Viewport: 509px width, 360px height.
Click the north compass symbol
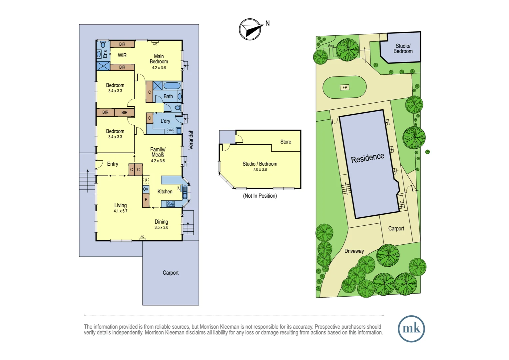pyautogui.click(x=250, y=29)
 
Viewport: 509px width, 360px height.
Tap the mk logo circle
pyautogui.click(x=411, y=329)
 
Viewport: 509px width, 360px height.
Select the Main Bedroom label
pyautogui.click(x=159, y=59)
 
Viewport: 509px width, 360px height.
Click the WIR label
pyautogui.click(x=122, y=55)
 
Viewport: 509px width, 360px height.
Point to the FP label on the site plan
pyautogui.click(x=345, y=87)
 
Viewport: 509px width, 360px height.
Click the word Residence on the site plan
pyautogui.click(x=367, y=158)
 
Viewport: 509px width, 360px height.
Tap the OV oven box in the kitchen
pyautogui.click(x=146, y=189)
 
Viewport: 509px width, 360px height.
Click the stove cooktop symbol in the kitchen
pyautogui.click(x=171, y=204)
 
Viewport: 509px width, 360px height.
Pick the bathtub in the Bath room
pyautogui.click(x=172, y=86)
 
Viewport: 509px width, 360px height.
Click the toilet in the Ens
pyautogui.click(x=103, y=45)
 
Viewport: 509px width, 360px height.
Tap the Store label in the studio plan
pyautogui.click(x=285, y=142)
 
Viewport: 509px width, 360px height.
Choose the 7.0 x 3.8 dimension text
pyautogui.click(x=260, y=169)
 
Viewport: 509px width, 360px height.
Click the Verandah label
pyautogui.click(x=191, y=139)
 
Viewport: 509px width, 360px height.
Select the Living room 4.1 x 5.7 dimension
pyautogui.click(x=120, y=211)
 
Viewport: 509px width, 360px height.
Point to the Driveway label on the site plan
pyautogui.click(x=354, y=251)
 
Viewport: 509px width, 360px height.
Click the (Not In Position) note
pyautogui.click(x=260, y=196)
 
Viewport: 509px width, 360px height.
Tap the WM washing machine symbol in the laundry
pyautogui.click(x=171, y=130)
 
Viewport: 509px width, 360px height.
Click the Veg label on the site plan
pyautogui.click(x=330, y=46)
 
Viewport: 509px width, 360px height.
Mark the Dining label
pyautogui.click(x=161, y=222)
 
